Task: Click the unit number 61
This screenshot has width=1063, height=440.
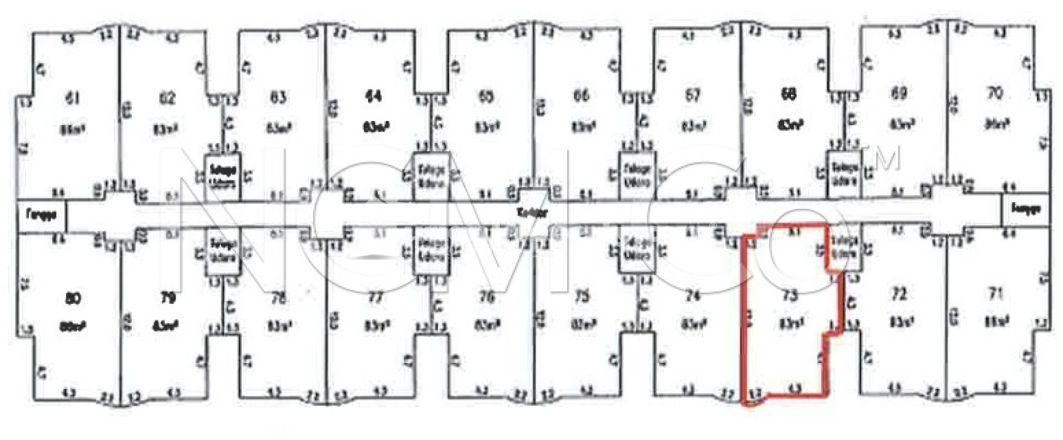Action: pyautogui.click(x=73, y=98)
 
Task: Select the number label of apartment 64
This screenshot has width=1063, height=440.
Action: pyautogui.click(x=374, y=97)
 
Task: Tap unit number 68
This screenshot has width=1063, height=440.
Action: pyautogui.click(x=788, y=95)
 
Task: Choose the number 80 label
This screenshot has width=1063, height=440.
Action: pyautogui.click(x=73, y=299)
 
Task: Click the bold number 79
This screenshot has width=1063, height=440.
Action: pyautogui.click(x=167, y=298)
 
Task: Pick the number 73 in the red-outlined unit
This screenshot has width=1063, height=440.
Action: pyautogui.click(x=789, y=296)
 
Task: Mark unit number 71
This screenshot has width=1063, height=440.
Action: pyautogui.click(x=994, y=294)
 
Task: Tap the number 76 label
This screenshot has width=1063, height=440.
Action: pyautogui.click(x=486, y=297)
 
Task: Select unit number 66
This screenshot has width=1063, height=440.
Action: pyautogui.click(x=581, y=96)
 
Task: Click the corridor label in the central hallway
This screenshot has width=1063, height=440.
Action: pyautogui.click(x=533, y=213)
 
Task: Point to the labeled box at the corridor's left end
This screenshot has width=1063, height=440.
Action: pyautogui.click(x=42, y=214)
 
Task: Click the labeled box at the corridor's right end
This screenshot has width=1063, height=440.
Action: pyautogui.click(x=1026, y=209)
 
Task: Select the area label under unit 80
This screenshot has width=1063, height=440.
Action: pyautogui.click(x=73, y=327)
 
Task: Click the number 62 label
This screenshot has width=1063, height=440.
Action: pyautogui.click(x=167, y=98)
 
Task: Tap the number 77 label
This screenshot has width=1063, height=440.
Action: pyautogui.click(x=375, y=298)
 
